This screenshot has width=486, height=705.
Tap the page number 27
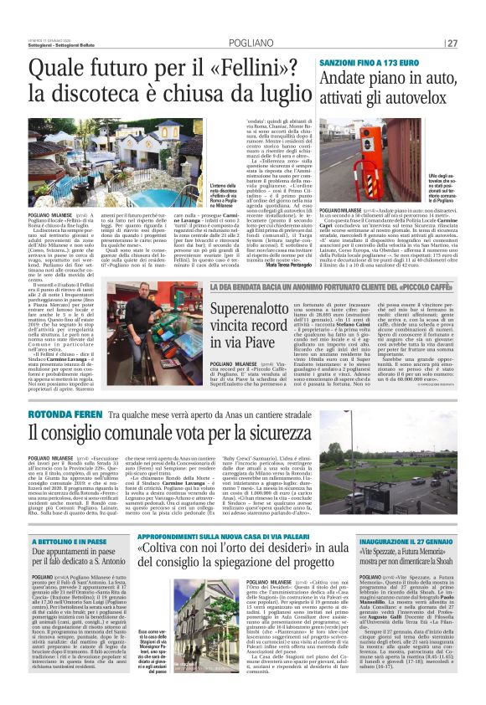[x=475, y=43]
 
